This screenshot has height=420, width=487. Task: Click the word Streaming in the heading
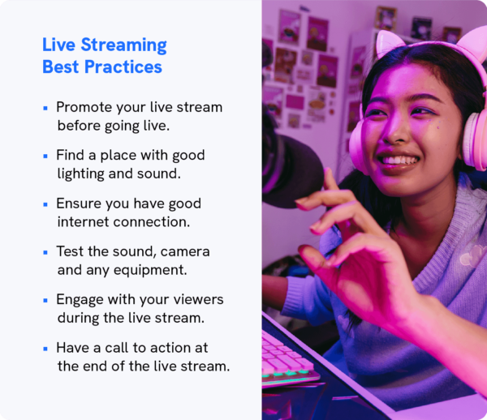[123, 45]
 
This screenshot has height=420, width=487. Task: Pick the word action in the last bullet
[168, 347]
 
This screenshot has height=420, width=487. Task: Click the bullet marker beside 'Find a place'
[45, 155]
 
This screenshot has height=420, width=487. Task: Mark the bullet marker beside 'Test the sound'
[45, 251]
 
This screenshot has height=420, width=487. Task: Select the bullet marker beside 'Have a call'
[45, 348]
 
